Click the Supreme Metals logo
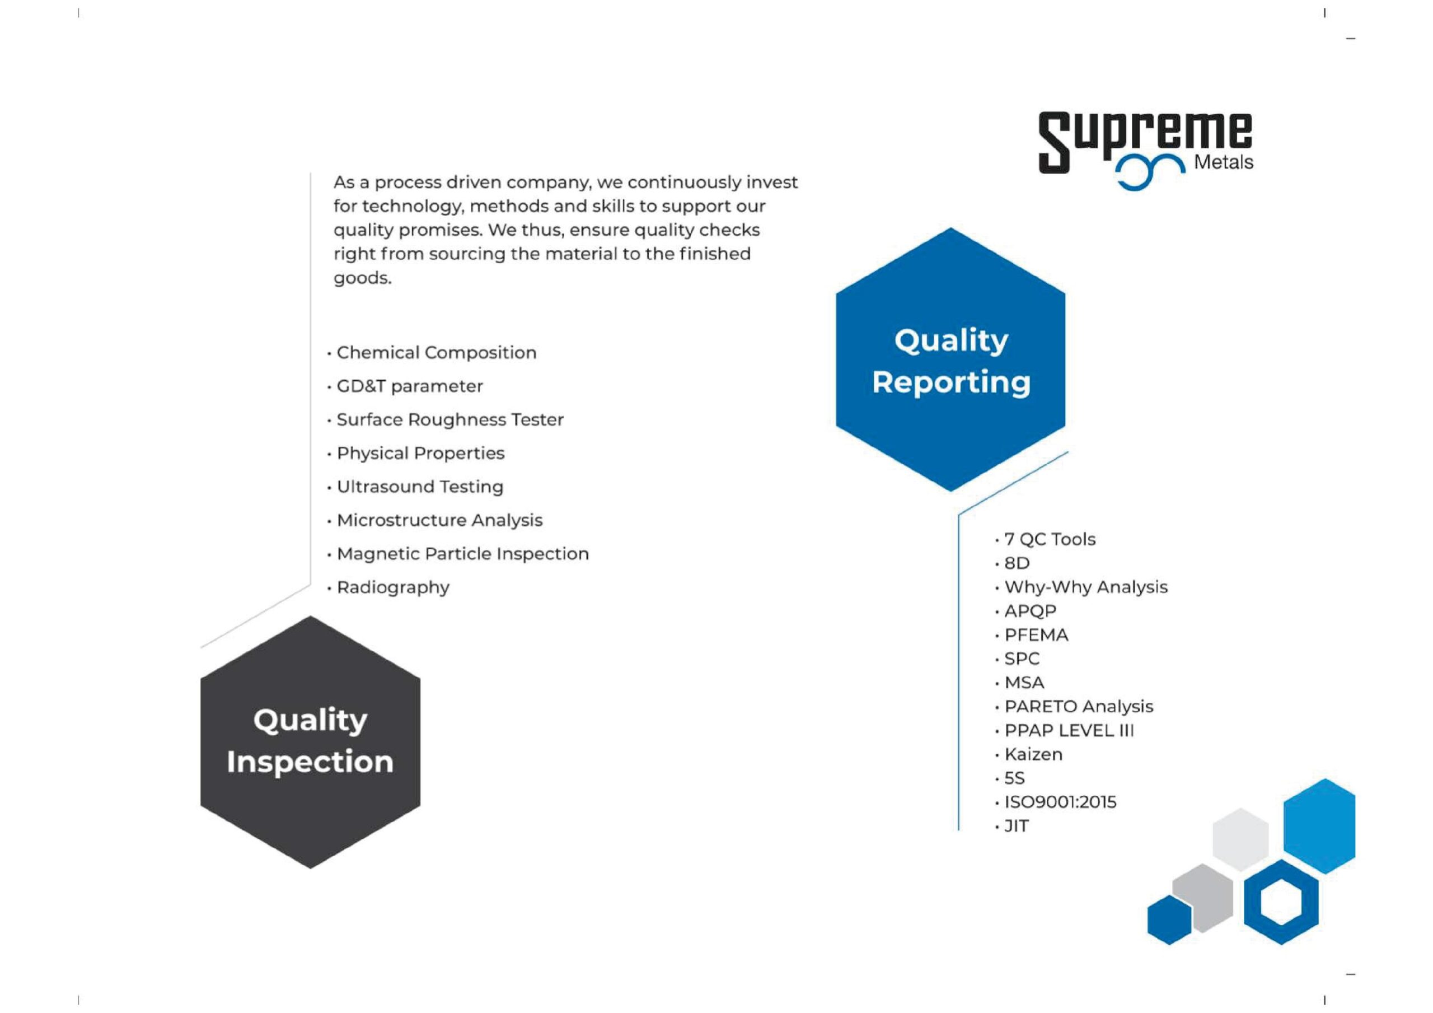pyautogui.click(x=1145, y=150)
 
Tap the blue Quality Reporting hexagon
pyautogui.click(x=950, y=359)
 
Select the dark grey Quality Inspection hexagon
pyautogui.click(x=310, y=742)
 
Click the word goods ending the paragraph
pyautogui.click(x=363, y=278)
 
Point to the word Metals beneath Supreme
pyautogui.click(x=1223, y=162)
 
